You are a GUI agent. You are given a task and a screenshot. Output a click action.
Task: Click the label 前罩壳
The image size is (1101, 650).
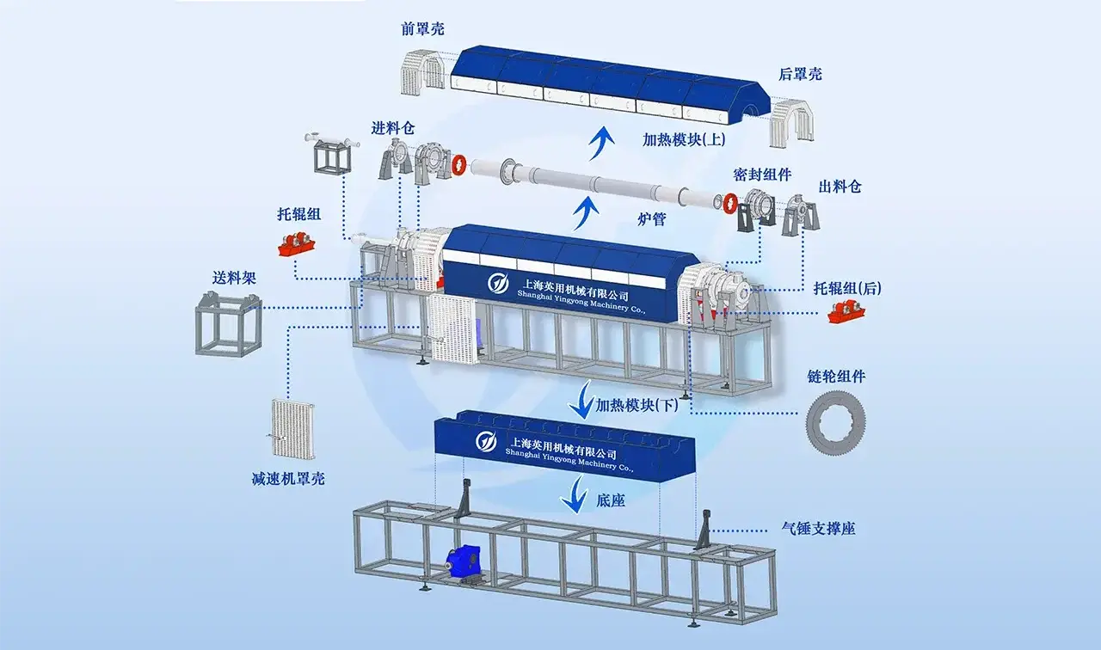(x=422, y=29)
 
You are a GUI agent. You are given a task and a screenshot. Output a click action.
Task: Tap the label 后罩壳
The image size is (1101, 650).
(x=800, y=74)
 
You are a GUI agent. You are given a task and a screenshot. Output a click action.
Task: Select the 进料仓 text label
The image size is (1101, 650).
(x=393, y=129)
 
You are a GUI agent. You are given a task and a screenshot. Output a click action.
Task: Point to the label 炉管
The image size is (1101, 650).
(x=651, y=219)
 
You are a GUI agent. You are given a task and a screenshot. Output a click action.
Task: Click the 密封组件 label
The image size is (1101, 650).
(x=762, y=175)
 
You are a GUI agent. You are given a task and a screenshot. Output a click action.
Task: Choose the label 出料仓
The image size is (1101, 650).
(x=840, y=187)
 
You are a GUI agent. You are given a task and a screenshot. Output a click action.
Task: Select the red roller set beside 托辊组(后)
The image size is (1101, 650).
(x=846, y=313)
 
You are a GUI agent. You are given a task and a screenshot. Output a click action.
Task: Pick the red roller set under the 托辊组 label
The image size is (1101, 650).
(x=297, y=245)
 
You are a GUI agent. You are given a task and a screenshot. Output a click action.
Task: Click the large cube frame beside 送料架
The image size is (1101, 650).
(x=229, y=324)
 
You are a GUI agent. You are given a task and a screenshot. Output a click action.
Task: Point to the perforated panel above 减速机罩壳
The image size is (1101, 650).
(x=293, y=428)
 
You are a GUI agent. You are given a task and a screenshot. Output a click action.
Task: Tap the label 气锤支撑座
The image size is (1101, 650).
(x=818, y=529)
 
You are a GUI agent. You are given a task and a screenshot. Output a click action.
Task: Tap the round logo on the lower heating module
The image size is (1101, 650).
(x=486, y=441)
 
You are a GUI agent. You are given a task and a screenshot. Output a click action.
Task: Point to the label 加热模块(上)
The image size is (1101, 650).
(x=684, y=140)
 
